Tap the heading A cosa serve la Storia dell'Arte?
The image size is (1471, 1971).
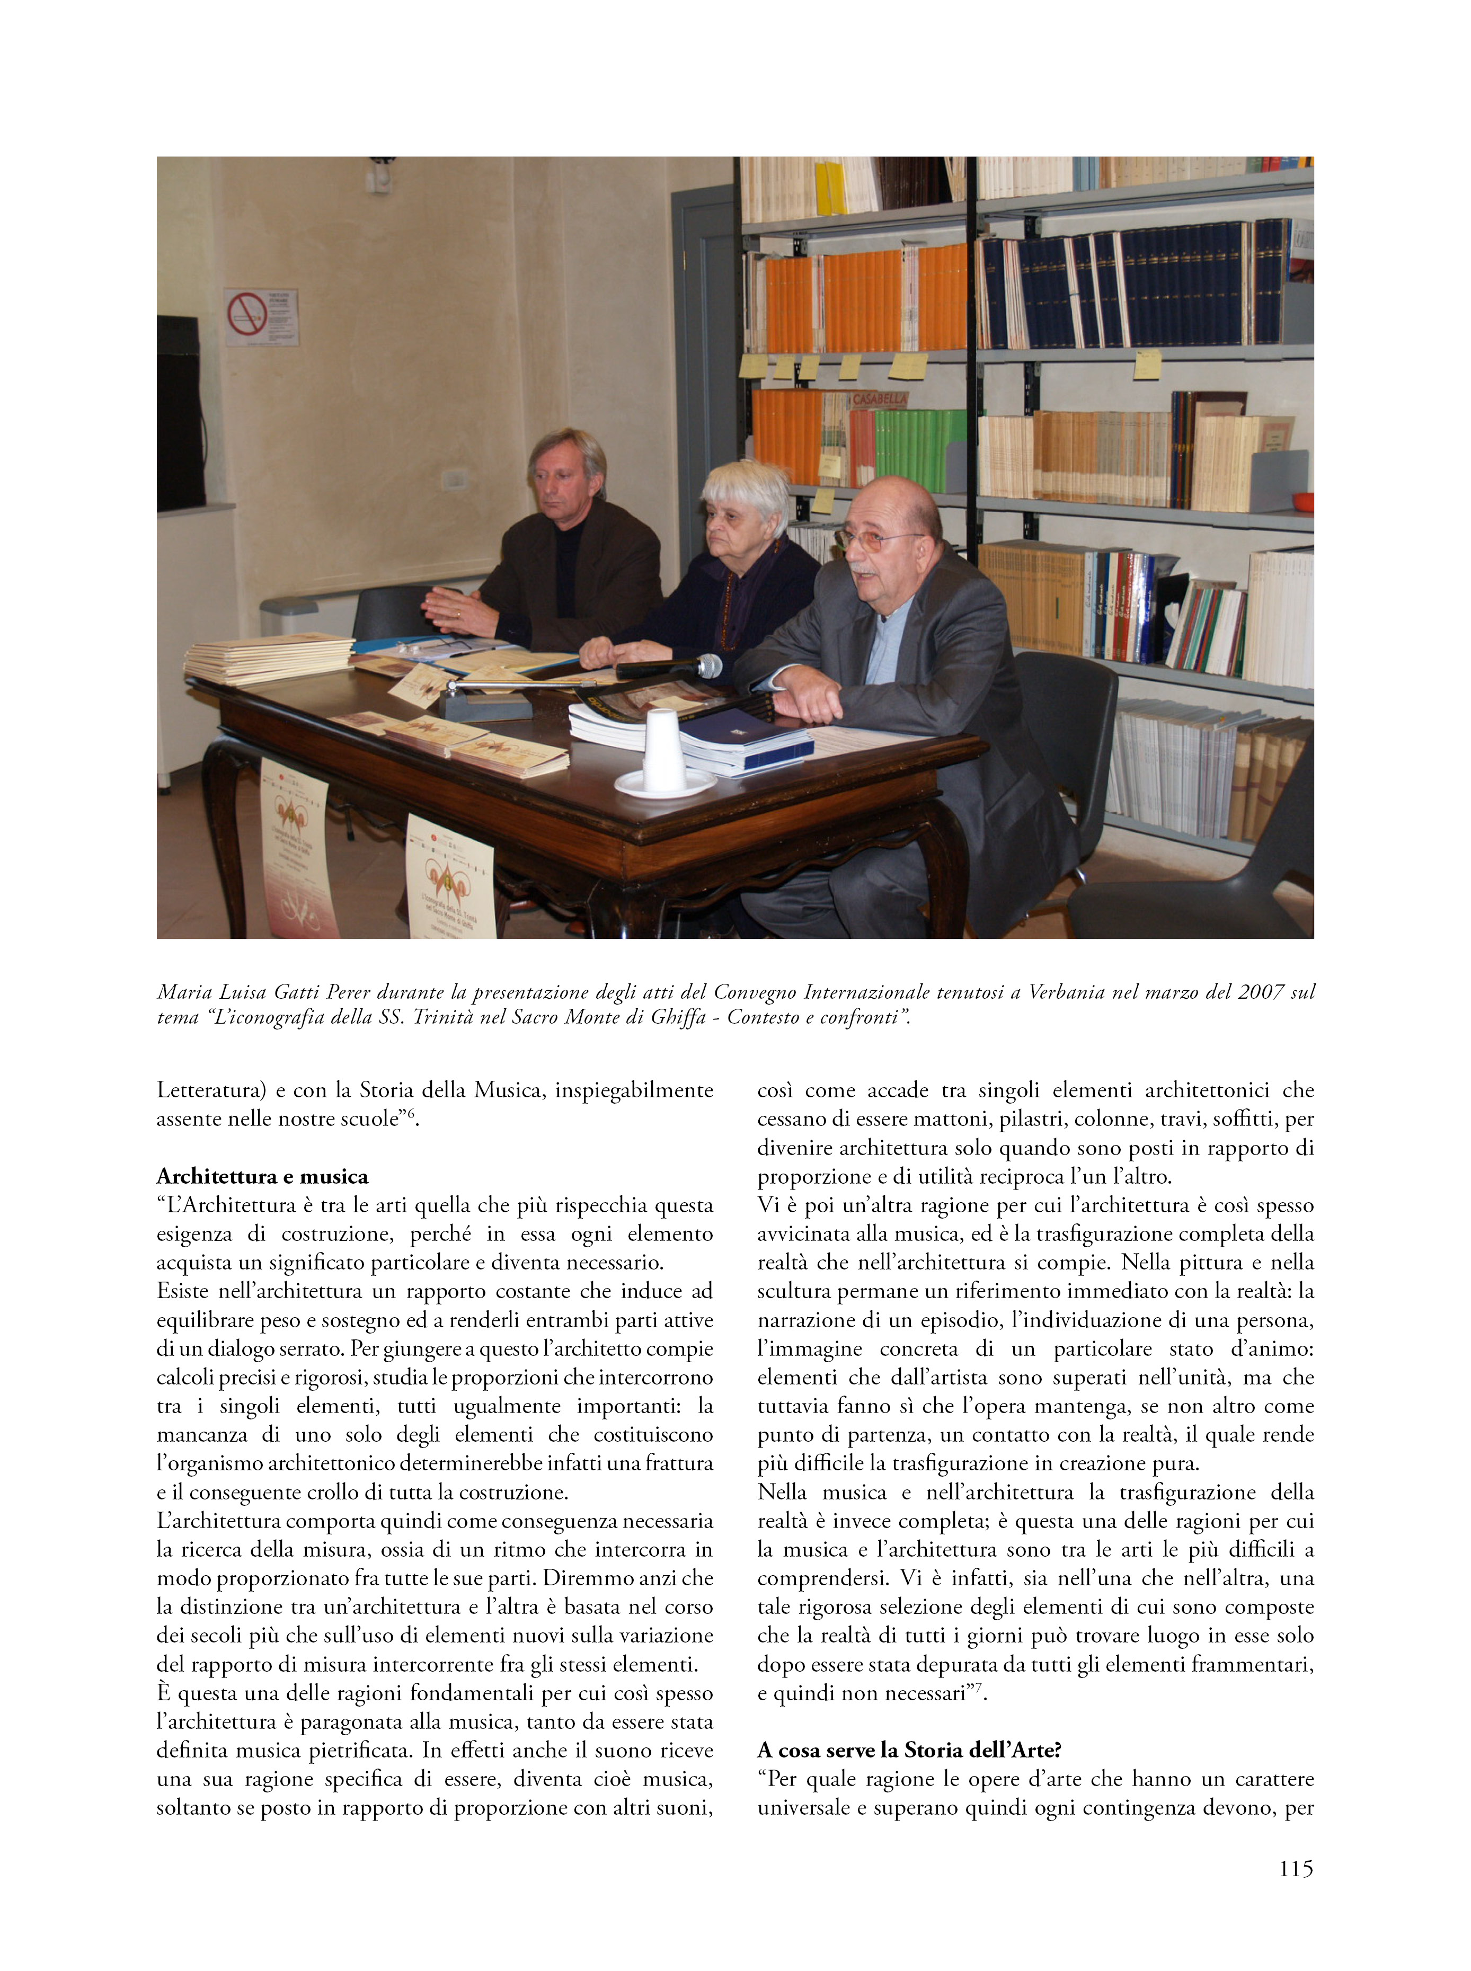(908, 1750)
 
